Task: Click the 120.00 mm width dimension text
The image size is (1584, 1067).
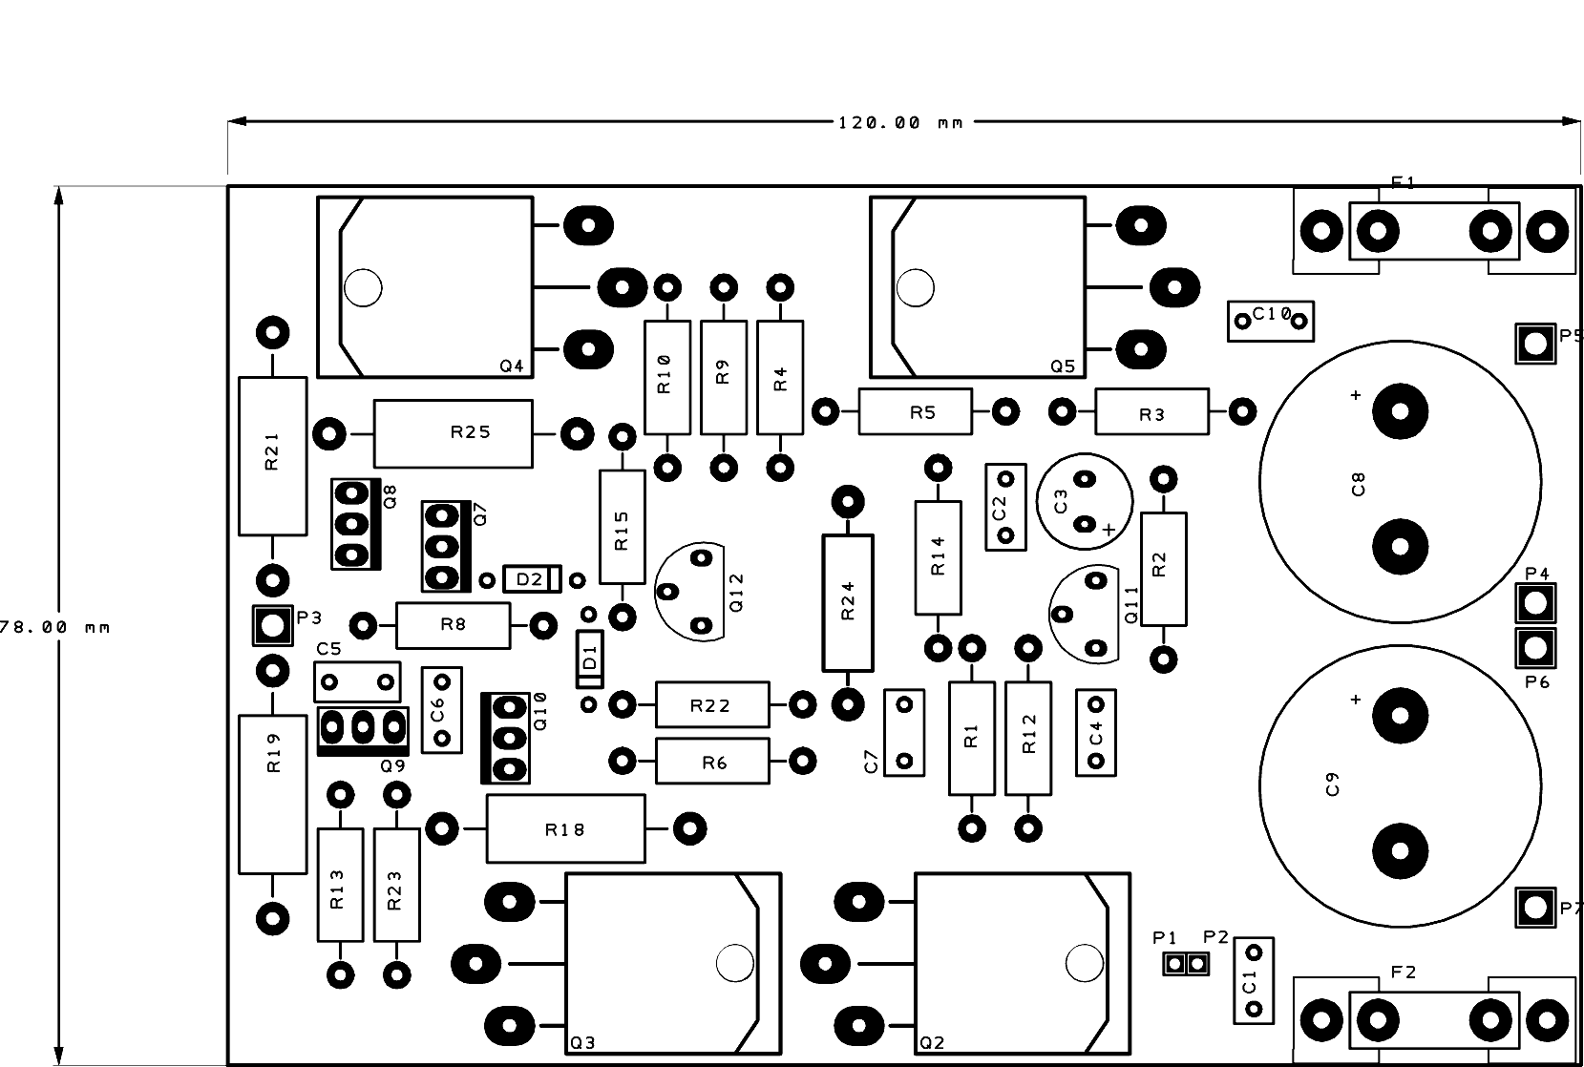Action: coord(900,123)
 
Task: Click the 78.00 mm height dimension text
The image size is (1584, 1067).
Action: coord(53,627)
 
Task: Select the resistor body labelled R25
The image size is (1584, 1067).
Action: coord(454,434)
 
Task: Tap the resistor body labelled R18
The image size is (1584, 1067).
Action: coord(565,828)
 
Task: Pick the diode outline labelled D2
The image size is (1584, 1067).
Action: coord(532,579)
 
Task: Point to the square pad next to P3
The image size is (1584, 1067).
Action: coord(273,625)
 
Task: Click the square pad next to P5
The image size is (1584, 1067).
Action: coord(1535,344)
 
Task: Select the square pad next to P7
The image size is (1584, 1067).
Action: coord(1535,908)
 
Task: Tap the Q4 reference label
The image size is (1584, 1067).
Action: coord(511,366)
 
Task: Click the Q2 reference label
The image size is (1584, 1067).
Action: coord(932,1043)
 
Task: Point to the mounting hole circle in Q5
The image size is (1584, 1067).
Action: coord(915,287)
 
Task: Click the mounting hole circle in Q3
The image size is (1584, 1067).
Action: coord(735,962)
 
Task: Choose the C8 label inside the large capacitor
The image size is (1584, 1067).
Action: coord(1358,484)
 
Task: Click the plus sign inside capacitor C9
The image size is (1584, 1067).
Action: coord(1356,700)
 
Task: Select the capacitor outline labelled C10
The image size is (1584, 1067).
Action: coord(1271,322)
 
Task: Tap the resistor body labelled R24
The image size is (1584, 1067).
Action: coord(848,603)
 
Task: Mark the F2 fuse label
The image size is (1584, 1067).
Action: coord(1403,973)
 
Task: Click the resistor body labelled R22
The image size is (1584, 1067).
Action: coord(712,704)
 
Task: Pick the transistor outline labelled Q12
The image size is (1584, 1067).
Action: coord(689,592)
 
